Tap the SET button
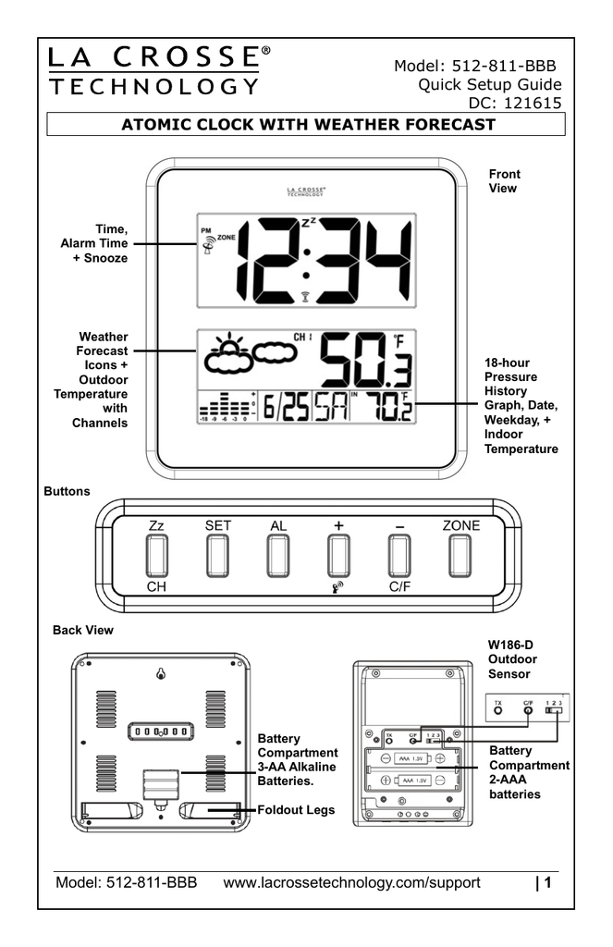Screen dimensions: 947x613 [218, 556]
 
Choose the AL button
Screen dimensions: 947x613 [278, 556]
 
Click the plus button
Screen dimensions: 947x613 [338, 556]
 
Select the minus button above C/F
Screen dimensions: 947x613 [399, 556]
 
